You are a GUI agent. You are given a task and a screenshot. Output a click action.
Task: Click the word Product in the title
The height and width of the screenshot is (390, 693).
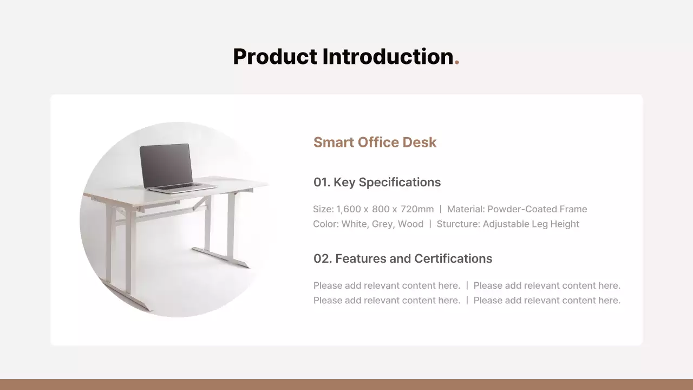tap(275, 57)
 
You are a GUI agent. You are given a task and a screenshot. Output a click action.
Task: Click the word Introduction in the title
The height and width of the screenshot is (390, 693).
tap(388, 57)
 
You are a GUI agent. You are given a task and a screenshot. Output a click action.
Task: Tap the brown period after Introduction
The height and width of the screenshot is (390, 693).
tap(457, 63)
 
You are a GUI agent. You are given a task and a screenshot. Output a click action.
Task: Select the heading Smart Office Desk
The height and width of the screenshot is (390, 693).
tap(375, 142)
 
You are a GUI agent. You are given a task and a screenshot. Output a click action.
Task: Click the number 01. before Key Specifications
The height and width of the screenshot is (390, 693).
tap(322, 183)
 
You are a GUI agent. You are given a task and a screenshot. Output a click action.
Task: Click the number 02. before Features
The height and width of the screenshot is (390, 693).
tap(322, 259)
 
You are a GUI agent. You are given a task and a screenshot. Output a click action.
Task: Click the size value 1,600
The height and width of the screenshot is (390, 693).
tap(348, 210)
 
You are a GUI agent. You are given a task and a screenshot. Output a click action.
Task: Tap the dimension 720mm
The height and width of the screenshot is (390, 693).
tap(417, 210)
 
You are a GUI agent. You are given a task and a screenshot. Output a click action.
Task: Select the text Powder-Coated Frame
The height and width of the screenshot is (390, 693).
tap(537, 210)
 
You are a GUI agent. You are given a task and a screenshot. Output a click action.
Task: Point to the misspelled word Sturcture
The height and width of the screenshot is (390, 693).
tap(457, 224)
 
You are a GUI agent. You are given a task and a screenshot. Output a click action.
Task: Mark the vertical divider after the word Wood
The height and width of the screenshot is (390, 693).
tap(430, 224)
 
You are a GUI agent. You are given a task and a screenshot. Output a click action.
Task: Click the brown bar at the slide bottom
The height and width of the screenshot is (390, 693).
tap(346, 385)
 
